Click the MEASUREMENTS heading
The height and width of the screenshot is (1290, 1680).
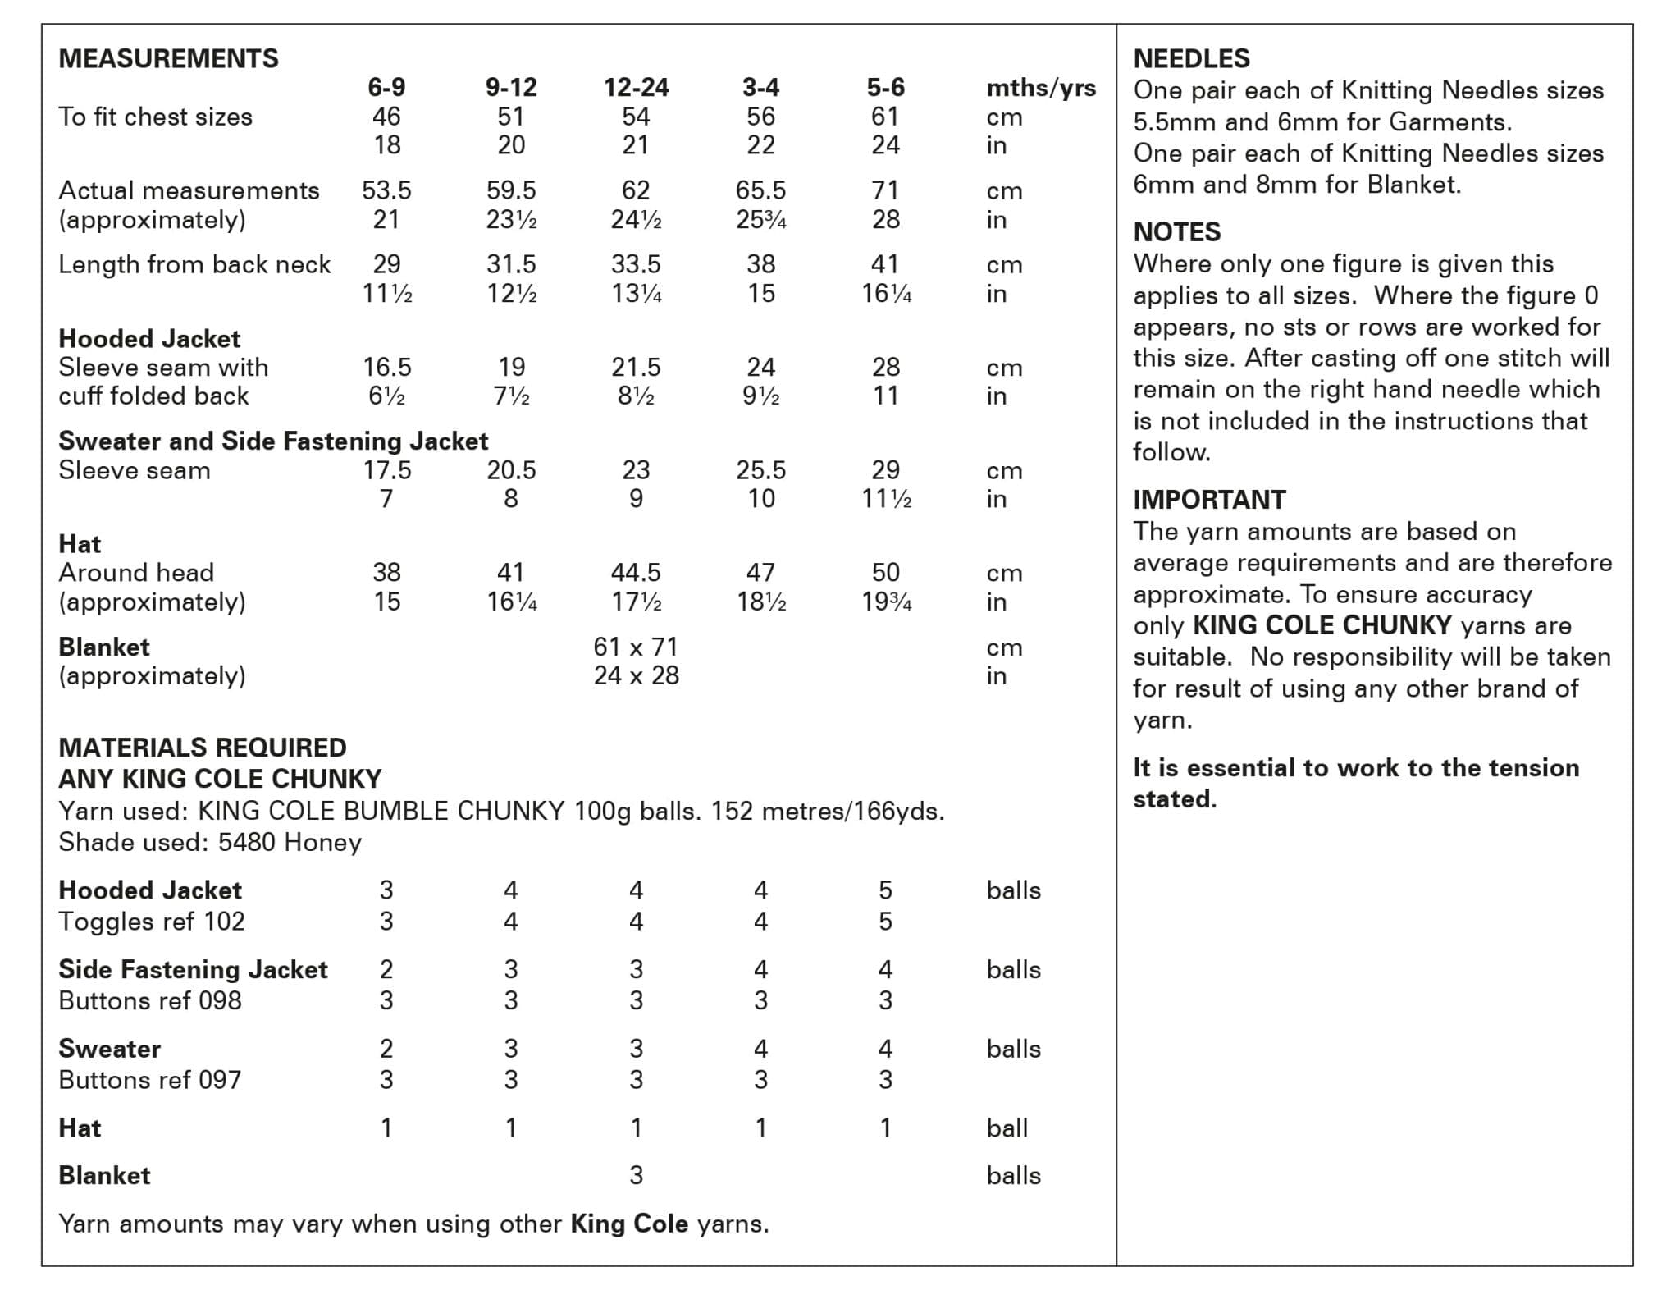[x=168, y=58]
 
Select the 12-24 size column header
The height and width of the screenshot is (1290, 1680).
[x=636, y=87]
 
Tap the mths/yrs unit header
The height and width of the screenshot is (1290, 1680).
[x=1040, y=88]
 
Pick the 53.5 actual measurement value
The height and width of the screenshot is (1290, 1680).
[x=386, y=190]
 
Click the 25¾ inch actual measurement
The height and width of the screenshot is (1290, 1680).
[x=760, y=220]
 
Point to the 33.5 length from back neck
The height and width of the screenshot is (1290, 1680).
[x=636, y=264]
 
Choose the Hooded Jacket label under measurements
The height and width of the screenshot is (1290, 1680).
[x=149, y=338]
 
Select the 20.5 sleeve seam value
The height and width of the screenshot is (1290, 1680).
[x=511, y=470]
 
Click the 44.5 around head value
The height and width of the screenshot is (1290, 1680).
[x=636, y=572]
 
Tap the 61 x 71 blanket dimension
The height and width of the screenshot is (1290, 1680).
[x=636, y=647]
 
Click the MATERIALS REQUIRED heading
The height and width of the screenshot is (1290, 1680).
[x=203, y=748]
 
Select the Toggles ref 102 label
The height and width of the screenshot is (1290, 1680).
[x=152, y=922]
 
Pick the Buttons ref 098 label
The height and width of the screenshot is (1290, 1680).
[x=150, y=1001]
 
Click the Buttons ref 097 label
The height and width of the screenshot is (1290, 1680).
[x=150, y=1080]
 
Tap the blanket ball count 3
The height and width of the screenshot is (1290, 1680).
[x=636, y=1176]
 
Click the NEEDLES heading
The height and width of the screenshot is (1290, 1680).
[x=1191, y=58]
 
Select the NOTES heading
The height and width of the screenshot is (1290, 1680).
[x=1176, y=232]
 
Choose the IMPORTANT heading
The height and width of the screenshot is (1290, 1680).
[x=1209, y=500]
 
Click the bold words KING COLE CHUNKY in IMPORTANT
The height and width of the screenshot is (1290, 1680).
[x=1322, y=625]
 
